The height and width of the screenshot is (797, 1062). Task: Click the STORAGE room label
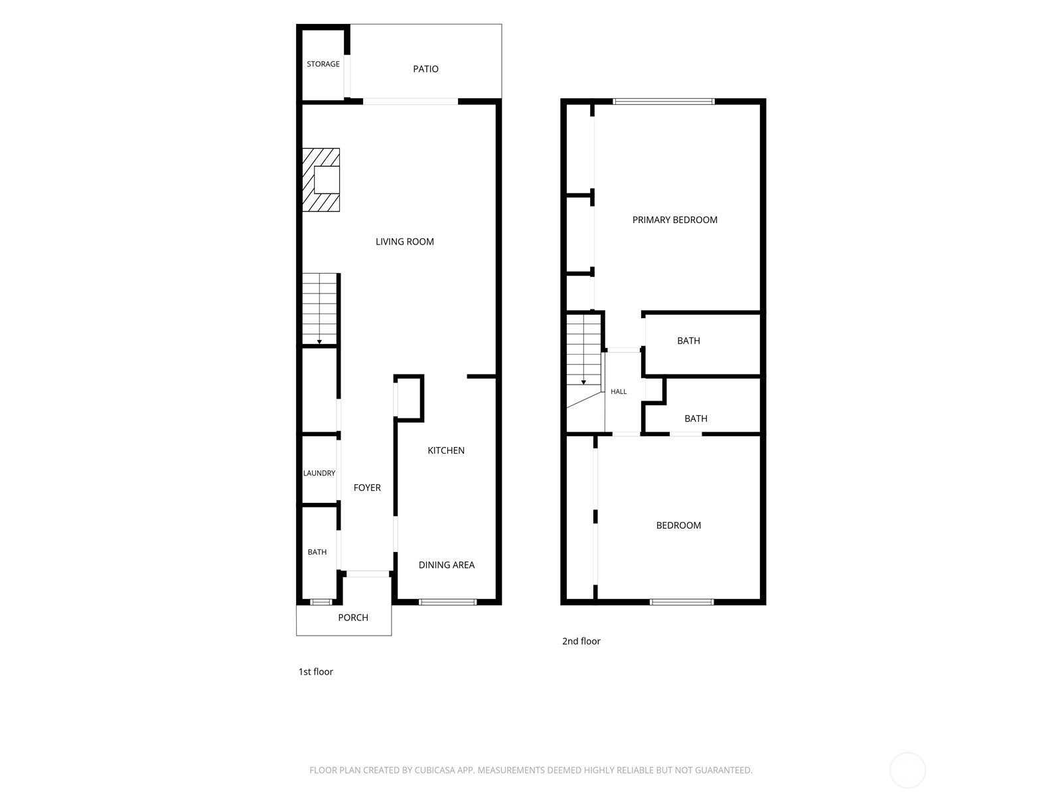(323, 64)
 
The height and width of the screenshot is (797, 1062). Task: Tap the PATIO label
(425, 69)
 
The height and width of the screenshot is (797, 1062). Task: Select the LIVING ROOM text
(404, 242)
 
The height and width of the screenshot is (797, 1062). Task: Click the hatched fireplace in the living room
(321, 180)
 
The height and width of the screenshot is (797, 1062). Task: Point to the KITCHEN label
(446, 450)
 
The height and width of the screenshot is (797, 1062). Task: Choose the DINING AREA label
(447, 565)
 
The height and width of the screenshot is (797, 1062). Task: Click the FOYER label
(367, 487)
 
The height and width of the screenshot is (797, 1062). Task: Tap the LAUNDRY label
(319, 474)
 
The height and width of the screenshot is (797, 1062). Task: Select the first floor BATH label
(317, 552)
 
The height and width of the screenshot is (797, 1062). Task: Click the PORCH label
(353, 618)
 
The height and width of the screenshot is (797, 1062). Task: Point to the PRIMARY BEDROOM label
(675, 221)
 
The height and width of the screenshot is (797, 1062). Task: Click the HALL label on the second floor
(619, 391)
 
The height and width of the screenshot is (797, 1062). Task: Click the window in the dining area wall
(447, 602)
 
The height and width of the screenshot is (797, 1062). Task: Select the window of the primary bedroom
(664, 102)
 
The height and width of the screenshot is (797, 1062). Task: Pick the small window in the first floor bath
(321, 602)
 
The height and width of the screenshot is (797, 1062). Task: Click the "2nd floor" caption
(581, 641)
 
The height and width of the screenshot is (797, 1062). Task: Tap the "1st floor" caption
(315, 671)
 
